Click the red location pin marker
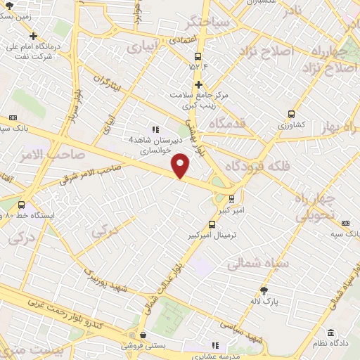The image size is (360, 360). click(181, 166)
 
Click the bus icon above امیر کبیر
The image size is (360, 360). click(232, 199)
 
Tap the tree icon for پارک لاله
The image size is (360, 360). click(264, 290)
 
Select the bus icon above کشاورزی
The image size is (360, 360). click(291, 114)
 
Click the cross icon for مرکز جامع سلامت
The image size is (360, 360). click(199, 84)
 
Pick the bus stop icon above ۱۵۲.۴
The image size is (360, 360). click(198, 56)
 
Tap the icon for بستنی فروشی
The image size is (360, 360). click(143, 335)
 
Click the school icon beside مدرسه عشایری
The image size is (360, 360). click(215, 345)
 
